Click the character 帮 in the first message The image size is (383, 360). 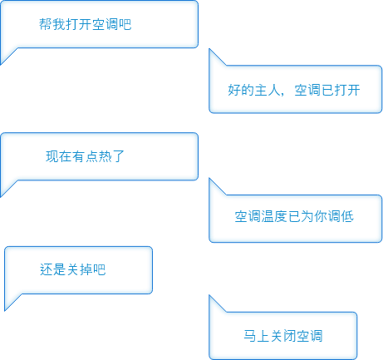pyautogui.click(x=45, y=24)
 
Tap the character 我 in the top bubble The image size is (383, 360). pyautogui.click(x=58, y=24)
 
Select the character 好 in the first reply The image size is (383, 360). pyautogui.click(x=234, y=90)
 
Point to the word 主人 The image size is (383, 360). pyautogui.click(x=268, y=90)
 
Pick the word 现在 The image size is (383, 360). pyautogui.click(x=59, y=156)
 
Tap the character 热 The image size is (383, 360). pyautogui.click(x=105, y=156)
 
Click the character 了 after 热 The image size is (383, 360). pyautogui.click(x=118, y=156)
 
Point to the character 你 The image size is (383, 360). pyautogui.click(x=321, y=216)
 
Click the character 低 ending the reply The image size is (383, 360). pyautogui.click(x=347, y=216)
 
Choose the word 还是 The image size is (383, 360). pyautogui.click(x=52, y=269)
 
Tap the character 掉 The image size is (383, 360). pyautogui.click(x=86, y=269)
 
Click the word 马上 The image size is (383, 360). pyautogui.click(x=257, y=336)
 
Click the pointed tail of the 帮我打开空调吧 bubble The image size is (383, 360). pyautogui.click(x=2, y=64)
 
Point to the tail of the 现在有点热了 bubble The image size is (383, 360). pyautogui.click(x=2, y=196)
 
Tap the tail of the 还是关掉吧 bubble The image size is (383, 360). pyautogui.click(x=6, y=310)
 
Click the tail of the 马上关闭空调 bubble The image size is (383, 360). pyautogui.click(x=210, y=296)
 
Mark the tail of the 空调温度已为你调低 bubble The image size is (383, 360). pyautogui.click(x=210, y=179)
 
